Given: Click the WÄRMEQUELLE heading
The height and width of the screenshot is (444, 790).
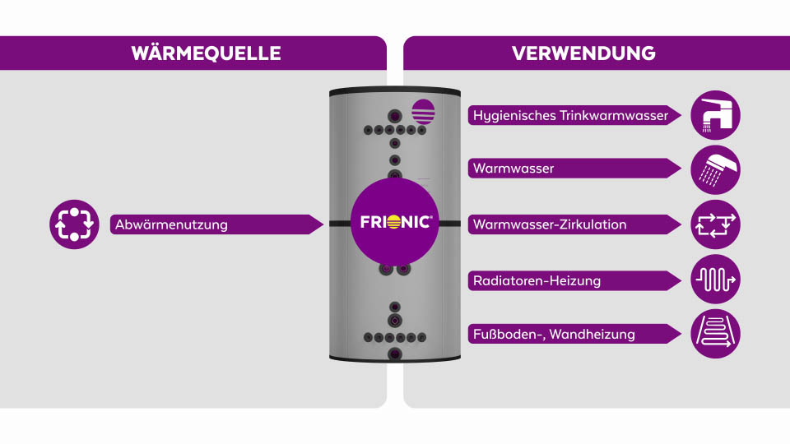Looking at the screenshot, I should click(206, 53).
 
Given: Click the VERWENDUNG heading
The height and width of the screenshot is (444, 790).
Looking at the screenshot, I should click(583, 53).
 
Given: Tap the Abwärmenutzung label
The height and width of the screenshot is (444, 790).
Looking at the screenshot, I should click(171, 224).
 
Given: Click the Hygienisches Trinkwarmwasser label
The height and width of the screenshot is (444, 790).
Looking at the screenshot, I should click(570, 115).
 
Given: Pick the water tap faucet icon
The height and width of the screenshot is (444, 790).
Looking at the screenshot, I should click(715, 115).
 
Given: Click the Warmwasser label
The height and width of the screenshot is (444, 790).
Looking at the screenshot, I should click(513, 169).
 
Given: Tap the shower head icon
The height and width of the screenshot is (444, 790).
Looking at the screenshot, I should click(715, 169).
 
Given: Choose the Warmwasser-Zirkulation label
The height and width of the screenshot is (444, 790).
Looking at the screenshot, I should click(550, 224).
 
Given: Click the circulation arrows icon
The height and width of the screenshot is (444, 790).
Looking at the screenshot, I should click(715, 224).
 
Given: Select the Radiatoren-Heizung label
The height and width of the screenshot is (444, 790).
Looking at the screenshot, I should click(537, 280).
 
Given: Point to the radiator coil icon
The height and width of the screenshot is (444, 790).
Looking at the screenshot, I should click(715, 280).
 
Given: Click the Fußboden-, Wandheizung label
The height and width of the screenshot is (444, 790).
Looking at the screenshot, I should click(554, 334).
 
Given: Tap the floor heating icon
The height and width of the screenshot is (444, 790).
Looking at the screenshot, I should click(715, 334).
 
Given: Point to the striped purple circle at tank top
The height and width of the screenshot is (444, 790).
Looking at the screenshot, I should click(423, 110).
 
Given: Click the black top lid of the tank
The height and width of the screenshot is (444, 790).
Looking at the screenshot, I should click(394, 90).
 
